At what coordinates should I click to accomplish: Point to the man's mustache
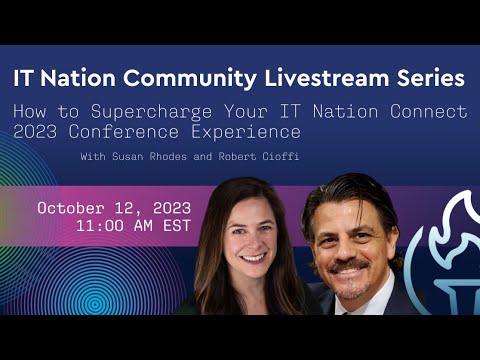point(352,265)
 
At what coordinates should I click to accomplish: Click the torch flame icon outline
point(455,240)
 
